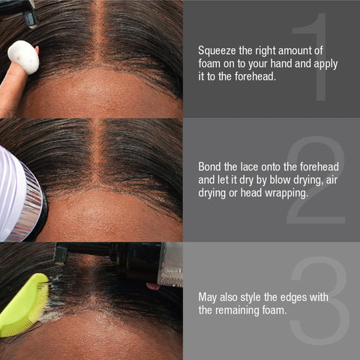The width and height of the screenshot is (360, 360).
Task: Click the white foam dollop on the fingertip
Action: click(x=23, y=57)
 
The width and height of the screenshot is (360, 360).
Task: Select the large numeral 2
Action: click(x=316, y=180)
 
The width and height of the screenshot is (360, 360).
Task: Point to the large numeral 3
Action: click(x=320, y=301)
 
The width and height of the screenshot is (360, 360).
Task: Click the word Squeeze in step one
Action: click(x=217, y=51)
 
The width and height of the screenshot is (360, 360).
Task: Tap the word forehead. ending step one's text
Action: click(x=255, y=76)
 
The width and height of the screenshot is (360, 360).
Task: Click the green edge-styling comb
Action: click(x=25, y=305)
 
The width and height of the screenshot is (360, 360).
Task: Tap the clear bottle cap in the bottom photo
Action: click(x=172, y=264)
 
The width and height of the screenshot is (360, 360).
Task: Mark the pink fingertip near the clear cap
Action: click(x=153, y=286)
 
